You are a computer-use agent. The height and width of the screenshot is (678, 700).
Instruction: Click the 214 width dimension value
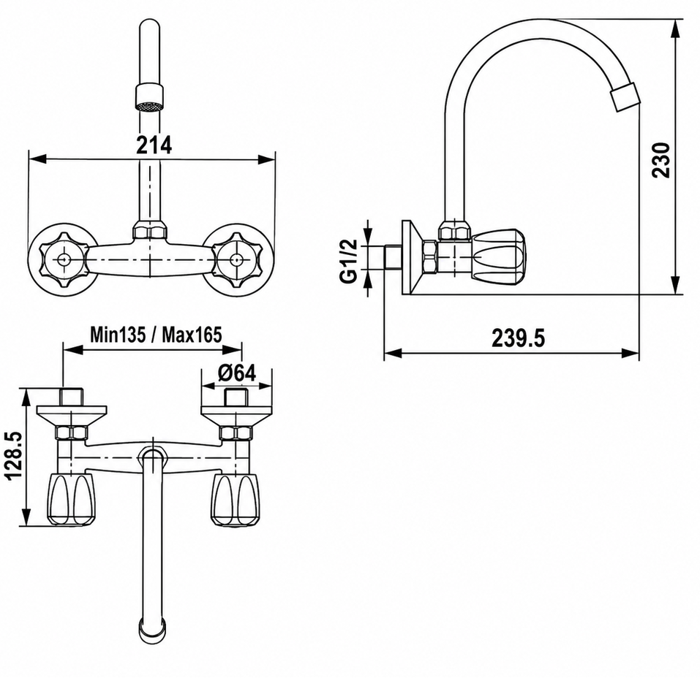pos(153,145)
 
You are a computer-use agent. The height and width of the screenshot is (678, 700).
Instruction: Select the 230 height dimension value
pos(661,160)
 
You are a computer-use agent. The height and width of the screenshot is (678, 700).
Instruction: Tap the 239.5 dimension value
pos(519,338)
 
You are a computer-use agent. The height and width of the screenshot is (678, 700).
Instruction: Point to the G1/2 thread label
pos(349,261)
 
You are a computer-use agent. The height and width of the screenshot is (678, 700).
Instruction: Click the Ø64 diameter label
pos(237,373)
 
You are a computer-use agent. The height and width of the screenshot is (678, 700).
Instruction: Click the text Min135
pos(118,334)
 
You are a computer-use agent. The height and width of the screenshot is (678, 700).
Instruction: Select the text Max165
pos(192,334)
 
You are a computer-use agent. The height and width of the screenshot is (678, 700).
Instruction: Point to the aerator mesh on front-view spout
pos(149,107)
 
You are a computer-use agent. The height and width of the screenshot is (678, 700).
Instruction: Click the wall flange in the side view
pos(410,257)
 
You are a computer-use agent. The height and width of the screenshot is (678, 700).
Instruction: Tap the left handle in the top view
pos(72,500)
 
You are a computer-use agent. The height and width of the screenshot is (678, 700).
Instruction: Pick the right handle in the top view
pos(234,500)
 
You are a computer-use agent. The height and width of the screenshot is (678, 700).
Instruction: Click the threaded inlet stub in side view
pos(392,257)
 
